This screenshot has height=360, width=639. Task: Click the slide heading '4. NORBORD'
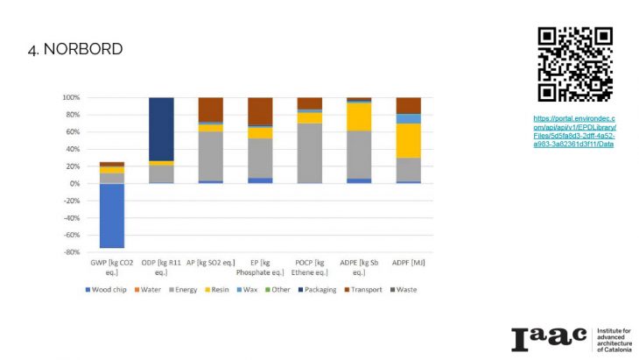click(x=75, y=49)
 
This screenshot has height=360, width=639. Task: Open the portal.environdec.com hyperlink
click(x=574, y=131)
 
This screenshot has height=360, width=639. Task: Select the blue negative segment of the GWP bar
click(x=111, y=215)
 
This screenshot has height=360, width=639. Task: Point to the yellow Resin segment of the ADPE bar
click(x=359, y=116)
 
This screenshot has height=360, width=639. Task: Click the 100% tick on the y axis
click(x=69, y=97)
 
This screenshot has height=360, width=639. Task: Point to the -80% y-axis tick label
click(x=69, y=252)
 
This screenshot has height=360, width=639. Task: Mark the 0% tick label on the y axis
click(x=74, y=184)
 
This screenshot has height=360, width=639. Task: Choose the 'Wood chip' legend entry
click(x=109, y=290)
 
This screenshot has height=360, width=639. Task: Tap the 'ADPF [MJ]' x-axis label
click(x=408, y=264)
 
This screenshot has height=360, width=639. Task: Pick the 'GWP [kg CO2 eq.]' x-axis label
click(x=111, y=268)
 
